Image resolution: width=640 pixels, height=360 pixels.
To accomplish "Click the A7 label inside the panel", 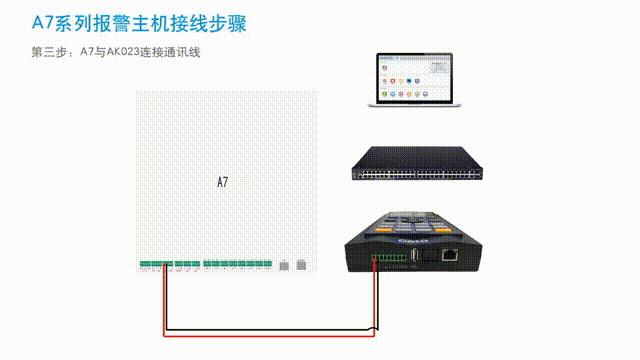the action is (222, 182).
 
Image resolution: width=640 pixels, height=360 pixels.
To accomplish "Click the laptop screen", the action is (412, 78).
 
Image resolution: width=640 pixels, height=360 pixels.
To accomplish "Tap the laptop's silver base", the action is (412, 104).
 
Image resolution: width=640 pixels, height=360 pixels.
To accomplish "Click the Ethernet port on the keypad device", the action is (451, 254).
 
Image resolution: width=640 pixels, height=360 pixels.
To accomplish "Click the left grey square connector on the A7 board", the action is (283, 266).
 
